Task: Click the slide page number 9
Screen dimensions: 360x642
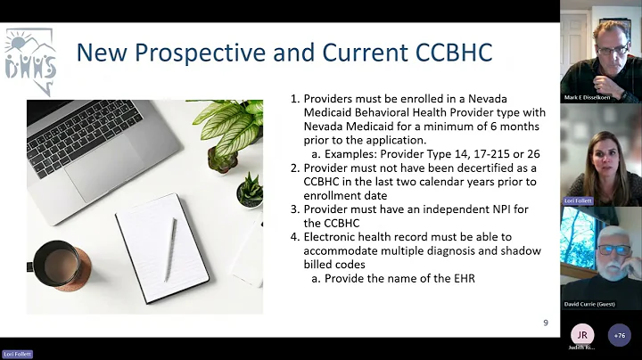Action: pyautogui.click(x=545, y=323)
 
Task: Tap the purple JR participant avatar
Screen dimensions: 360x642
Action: pyautogui.click(x=581, y=334)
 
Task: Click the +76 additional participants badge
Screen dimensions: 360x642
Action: pyautogui.click(x=619, y=334)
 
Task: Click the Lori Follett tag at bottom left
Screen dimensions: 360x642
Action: pyautogui.click(x=16, y=354)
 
